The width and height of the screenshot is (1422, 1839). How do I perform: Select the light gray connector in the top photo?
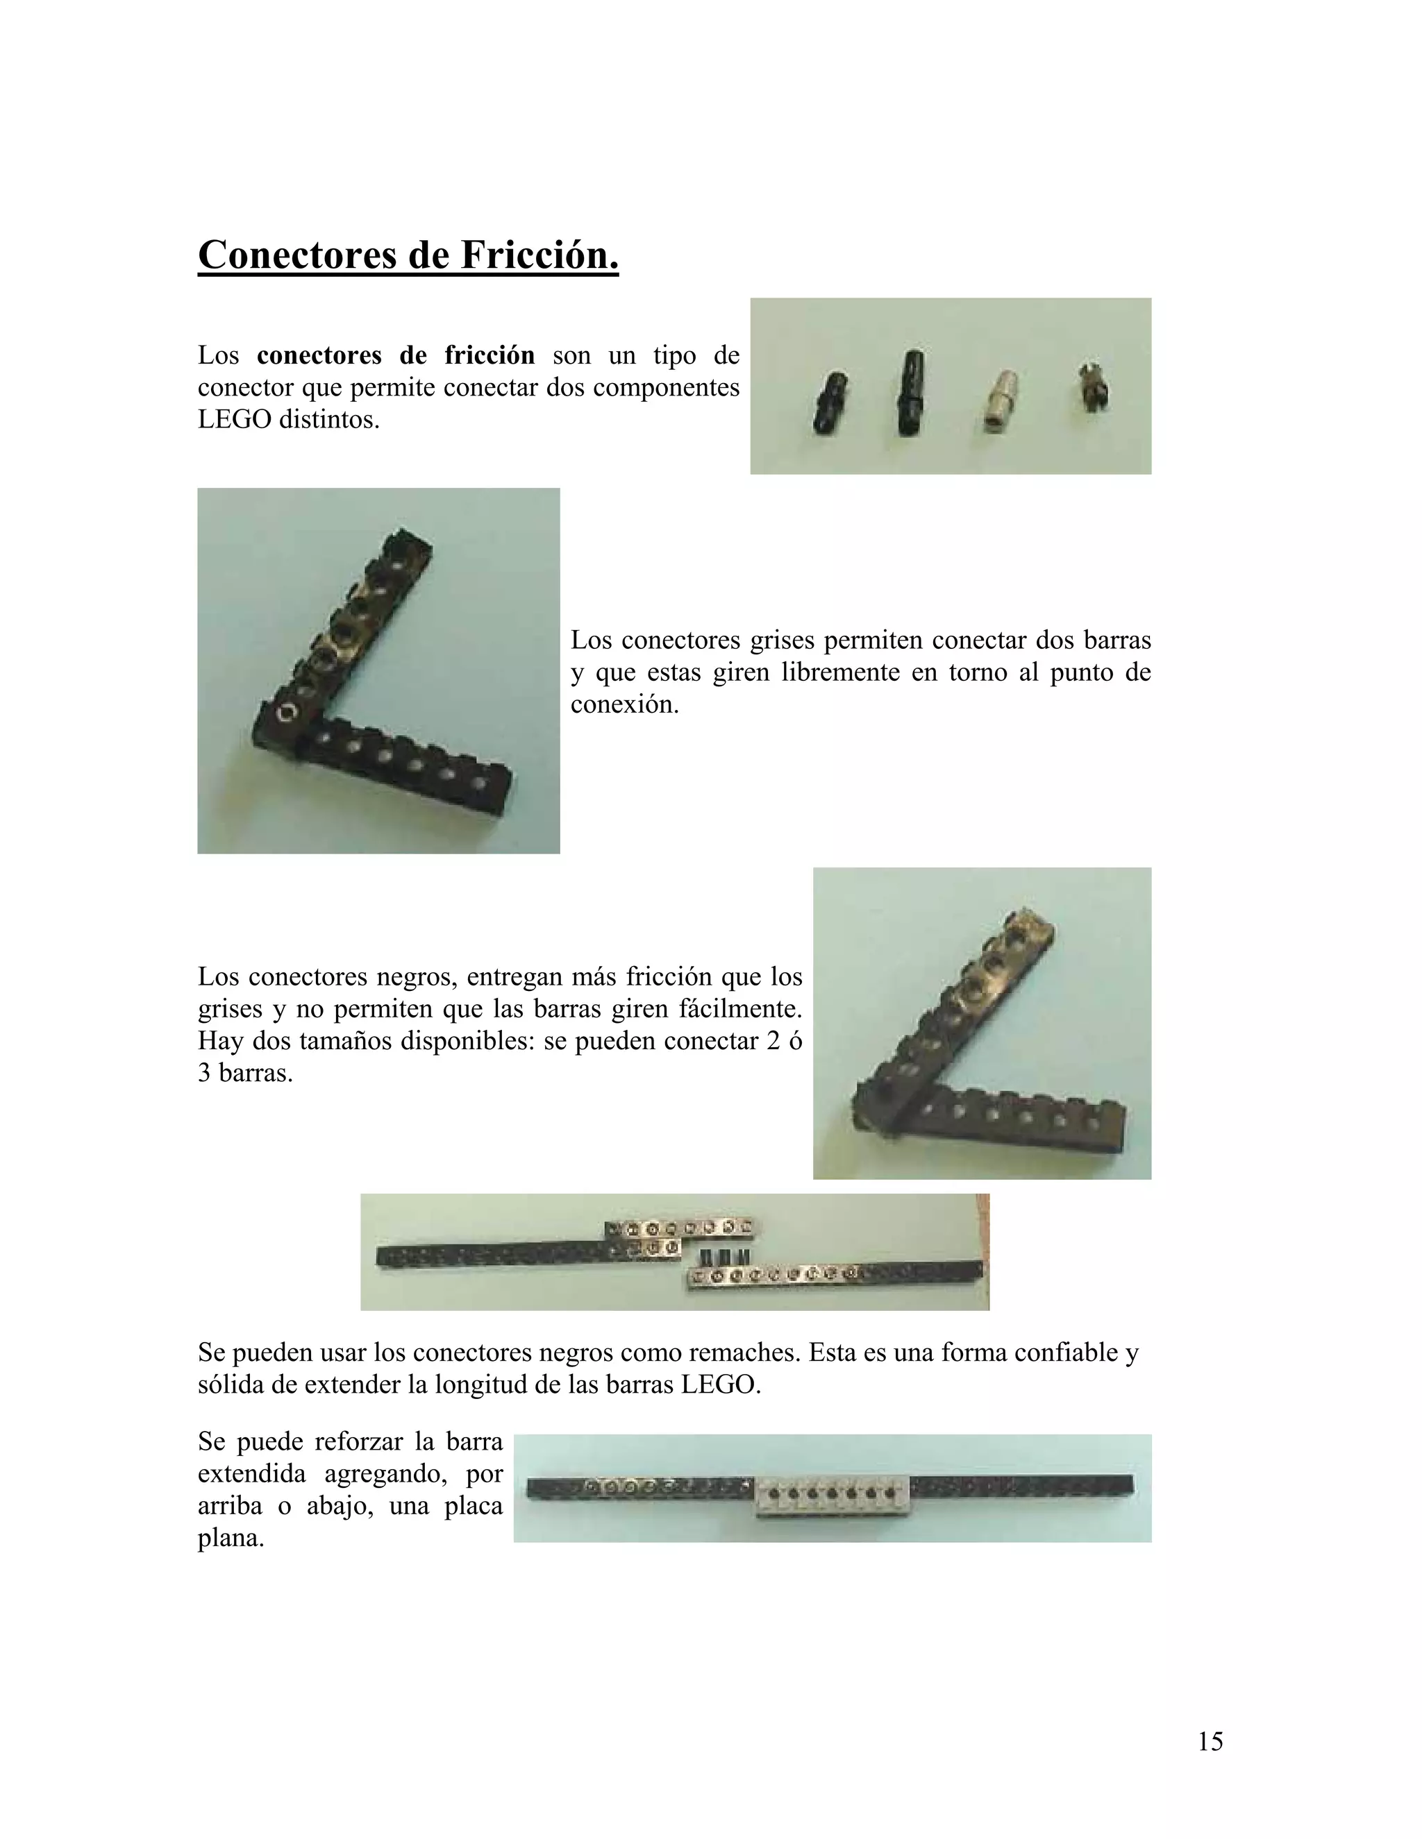coord(999,402)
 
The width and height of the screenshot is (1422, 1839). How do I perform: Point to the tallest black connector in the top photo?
coord(910,392)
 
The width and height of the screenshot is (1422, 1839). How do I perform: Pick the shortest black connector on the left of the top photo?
coord(830,402)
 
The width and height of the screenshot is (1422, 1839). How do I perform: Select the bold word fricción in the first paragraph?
coord(490,355)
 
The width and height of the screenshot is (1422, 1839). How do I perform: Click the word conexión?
coord(624,705)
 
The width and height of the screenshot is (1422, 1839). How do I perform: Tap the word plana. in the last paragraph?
coord(231,1540)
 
